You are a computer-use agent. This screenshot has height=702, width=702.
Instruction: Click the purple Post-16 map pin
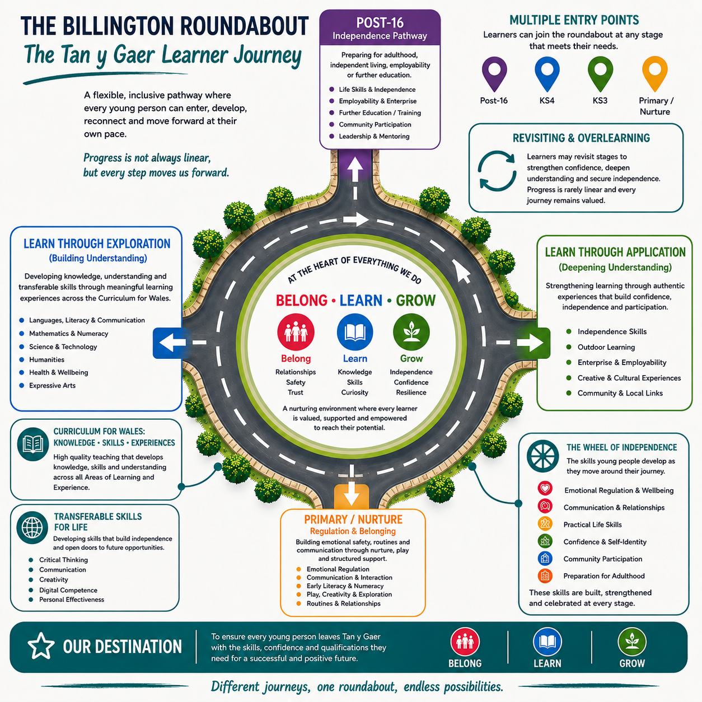pyautogui.click(x=494, y=73)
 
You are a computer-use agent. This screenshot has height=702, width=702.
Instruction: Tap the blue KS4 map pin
pyautogui.click(x=547, y=73)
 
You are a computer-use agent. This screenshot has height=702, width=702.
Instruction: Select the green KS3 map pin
pyautogui.click(x=600, y=73)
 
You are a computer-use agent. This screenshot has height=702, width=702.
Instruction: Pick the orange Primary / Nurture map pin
pyautogui.click(x=654, y=73)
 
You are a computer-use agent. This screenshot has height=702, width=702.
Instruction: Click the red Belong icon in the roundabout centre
pyautogui.click(x=296, y=332)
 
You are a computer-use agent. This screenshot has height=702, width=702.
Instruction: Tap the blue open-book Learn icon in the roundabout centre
pyautogui.click(x=355, y=332)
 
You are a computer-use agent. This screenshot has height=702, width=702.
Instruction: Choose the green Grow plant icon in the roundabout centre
pyautogui.click(x=411, y=332)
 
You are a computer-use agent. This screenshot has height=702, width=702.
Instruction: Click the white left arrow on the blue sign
pyautogui.click(x=172, y=343)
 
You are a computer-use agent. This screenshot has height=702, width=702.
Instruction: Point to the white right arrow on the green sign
pyautogui.click(x=530, y=343)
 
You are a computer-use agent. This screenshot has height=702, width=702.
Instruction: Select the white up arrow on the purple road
pyautogui.click(x=355, y=169)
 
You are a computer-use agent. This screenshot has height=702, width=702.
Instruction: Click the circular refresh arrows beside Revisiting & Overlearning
pyautogui.click(x=497, y=171)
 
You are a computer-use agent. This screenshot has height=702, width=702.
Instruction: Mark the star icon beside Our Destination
pyautogui.click(x=41, y=646)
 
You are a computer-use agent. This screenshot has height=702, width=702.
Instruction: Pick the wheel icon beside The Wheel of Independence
pyautogui.click(x=542, y=456)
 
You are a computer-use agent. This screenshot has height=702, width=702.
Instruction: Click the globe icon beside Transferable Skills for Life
pyautogui.click(x=32, y=527)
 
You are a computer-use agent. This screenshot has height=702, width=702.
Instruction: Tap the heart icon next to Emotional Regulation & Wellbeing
pyautogui.click(x=545, y=488)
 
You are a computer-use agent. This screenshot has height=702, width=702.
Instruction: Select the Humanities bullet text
pyautogui.click(x=46, y=359)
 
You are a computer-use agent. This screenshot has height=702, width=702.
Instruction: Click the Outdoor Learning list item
pyautogui.click(x=606, y=347)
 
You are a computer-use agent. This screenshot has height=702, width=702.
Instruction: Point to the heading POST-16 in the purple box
pyautogui.click(x=380, y=22)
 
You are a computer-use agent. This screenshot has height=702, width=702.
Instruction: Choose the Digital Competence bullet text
pyautogui.click(x=68, y=590)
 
